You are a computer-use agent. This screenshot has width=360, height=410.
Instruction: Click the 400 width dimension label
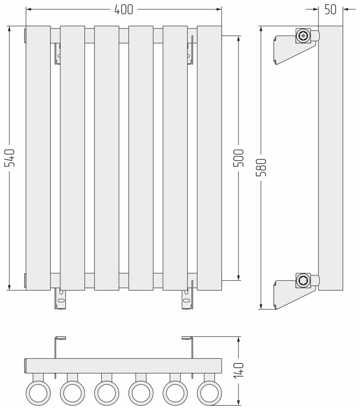click(x=124, y=9)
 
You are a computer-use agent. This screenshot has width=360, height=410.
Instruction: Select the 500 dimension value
click(x=239, y=158)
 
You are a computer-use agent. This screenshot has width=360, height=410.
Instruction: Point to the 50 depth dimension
click(x=330, y=10)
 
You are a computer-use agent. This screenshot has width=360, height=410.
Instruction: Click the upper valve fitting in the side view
click(x=303, y=36)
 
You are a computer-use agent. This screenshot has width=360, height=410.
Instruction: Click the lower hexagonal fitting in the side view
click(x=303, y=280)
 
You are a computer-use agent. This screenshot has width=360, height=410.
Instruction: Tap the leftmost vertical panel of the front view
click(x=38, y=158)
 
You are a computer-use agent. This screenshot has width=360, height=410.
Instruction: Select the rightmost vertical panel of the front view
click(x=209, y=158)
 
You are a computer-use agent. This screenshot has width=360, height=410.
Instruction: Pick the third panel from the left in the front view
click(x=106, y=158)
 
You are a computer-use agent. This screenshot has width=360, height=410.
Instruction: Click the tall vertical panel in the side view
click(x=330, y=158)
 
